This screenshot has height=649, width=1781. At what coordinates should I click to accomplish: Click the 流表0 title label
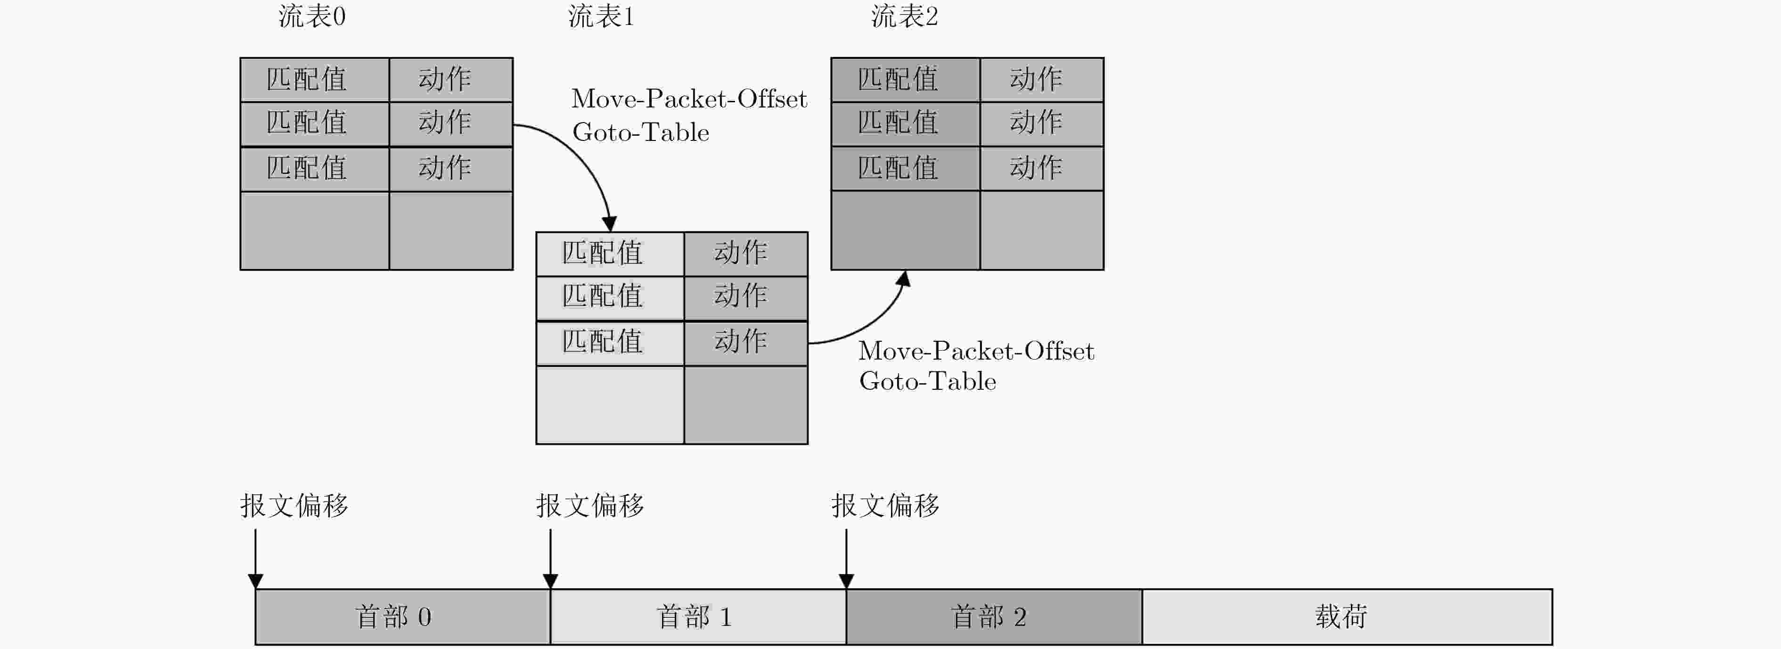tap(312, 16)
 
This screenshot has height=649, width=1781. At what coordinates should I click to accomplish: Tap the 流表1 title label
tap(601, 16)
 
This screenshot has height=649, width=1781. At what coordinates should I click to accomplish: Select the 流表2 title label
tap(904, 16)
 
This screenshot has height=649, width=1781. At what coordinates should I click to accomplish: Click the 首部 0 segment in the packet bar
tap(403, 616)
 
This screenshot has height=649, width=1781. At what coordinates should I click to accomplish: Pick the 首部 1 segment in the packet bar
tap(698, 616)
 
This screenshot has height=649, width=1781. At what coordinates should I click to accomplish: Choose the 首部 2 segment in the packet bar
tap(994, 616)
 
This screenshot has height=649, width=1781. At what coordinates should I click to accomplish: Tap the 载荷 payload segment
tap(1347, 616)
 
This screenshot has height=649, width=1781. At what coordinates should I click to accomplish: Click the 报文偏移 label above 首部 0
tap(294, 506)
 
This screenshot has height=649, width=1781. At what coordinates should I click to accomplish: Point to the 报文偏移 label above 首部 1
tap(590, 506)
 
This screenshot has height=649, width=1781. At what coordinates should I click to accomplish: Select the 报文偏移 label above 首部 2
tap(886, 506)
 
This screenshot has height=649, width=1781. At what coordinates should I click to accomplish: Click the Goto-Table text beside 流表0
tap(641, 132)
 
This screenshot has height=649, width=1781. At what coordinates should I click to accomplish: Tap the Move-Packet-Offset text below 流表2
tap(976, 351)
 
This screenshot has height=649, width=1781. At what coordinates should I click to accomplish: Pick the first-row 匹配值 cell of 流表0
tap(315, 80)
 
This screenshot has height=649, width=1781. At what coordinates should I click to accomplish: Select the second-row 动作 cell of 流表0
tap(451, 124)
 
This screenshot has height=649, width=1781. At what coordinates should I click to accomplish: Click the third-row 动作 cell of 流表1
tap(746, 343)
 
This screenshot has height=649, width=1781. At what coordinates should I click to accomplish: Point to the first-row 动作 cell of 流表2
tap(1042, 80)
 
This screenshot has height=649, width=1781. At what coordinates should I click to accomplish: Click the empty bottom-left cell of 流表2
tap(906, 230)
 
